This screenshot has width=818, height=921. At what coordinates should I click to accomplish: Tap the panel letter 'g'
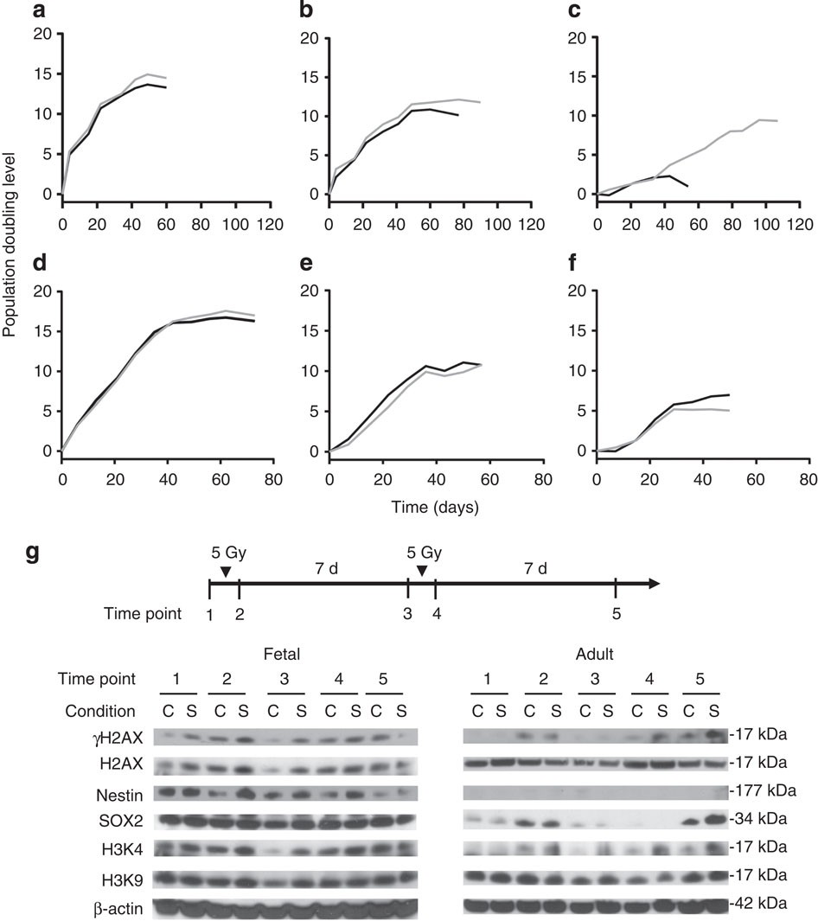tap(35, 554)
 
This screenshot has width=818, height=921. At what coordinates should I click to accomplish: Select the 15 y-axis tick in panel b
tap(309, 75)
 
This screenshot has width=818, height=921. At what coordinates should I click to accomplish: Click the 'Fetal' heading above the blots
tap(281, 656)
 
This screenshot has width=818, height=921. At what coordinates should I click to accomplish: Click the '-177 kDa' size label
tap(758, 790)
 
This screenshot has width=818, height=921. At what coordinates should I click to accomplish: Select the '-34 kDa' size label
tap(756, 818)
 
